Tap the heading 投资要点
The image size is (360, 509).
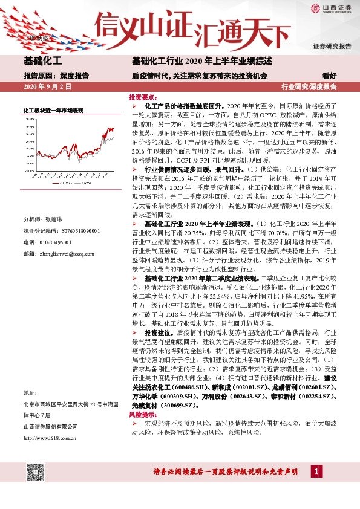143,97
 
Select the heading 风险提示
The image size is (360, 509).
143,417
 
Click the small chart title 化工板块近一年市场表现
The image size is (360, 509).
53,111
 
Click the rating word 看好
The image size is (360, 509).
330,76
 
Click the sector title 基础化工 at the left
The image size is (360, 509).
43,60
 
